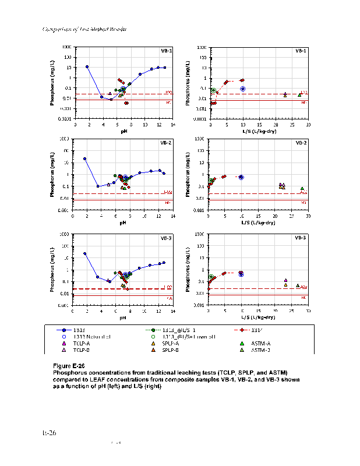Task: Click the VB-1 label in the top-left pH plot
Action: (x=167, y=51)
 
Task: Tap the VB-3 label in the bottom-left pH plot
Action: (x=167, y=238)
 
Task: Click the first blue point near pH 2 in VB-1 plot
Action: (x=87, y=66)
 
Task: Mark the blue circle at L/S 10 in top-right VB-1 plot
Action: (x=243, y=89)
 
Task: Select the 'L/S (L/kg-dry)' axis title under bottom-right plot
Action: (x=259, y=317)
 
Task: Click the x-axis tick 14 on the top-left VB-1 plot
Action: (x=173, y=125)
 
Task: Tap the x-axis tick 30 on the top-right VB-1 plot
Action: (x=308, y=125)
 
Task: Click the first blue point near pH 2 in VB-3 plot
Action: (x=85, y=253)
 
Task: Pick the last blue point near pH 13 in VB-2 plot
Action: (x=164, y=173)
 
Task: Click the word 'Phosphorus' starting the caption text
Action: (x=69, y=371)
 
